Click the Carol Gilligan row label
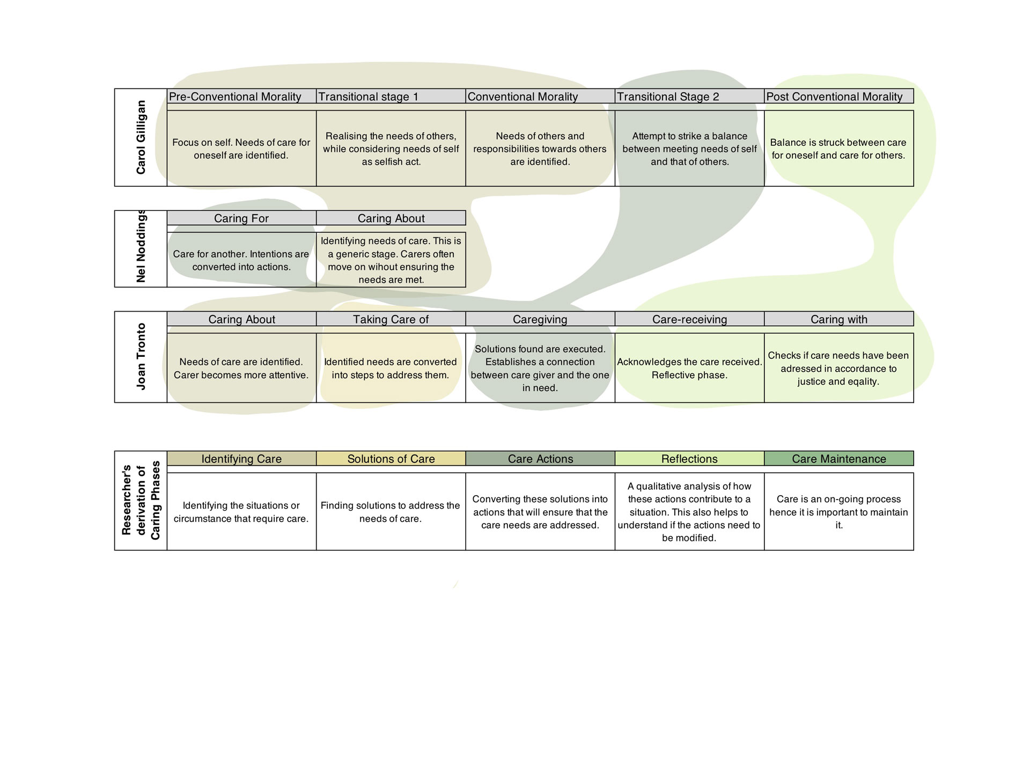pyautogui.click(x=141, y=137)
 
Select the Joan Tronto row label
pyautogui.click(x=141, y=357)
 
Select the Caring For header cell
pyautogui.click(x=241, y=218)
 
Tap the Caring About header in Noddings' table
pyautogui.click(x=391, y=218)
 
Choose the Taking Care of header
pyautogui.click(x=391, y=319)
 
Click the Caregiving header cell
pyautogui.click(x=540, y=319)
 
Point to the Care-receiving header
pyautogui.click(x=689, y=319)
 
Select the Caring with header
pyautogui.click(x=839, y=319)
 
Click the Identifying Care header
pyautogui.click(x=241, y=458)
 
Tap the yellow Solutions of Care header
pyautogui.click(x=391, y=458)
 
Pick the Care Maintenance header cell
pyautogui.click(x=839, y=458)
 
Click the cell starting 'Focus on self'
pyautogui.click(x=241, y=149)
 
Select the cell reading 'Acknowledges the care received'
pyautogui.click(x=689, y=368)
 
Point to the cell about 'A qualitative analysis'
pyautogui.click(x=689, y=512)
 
